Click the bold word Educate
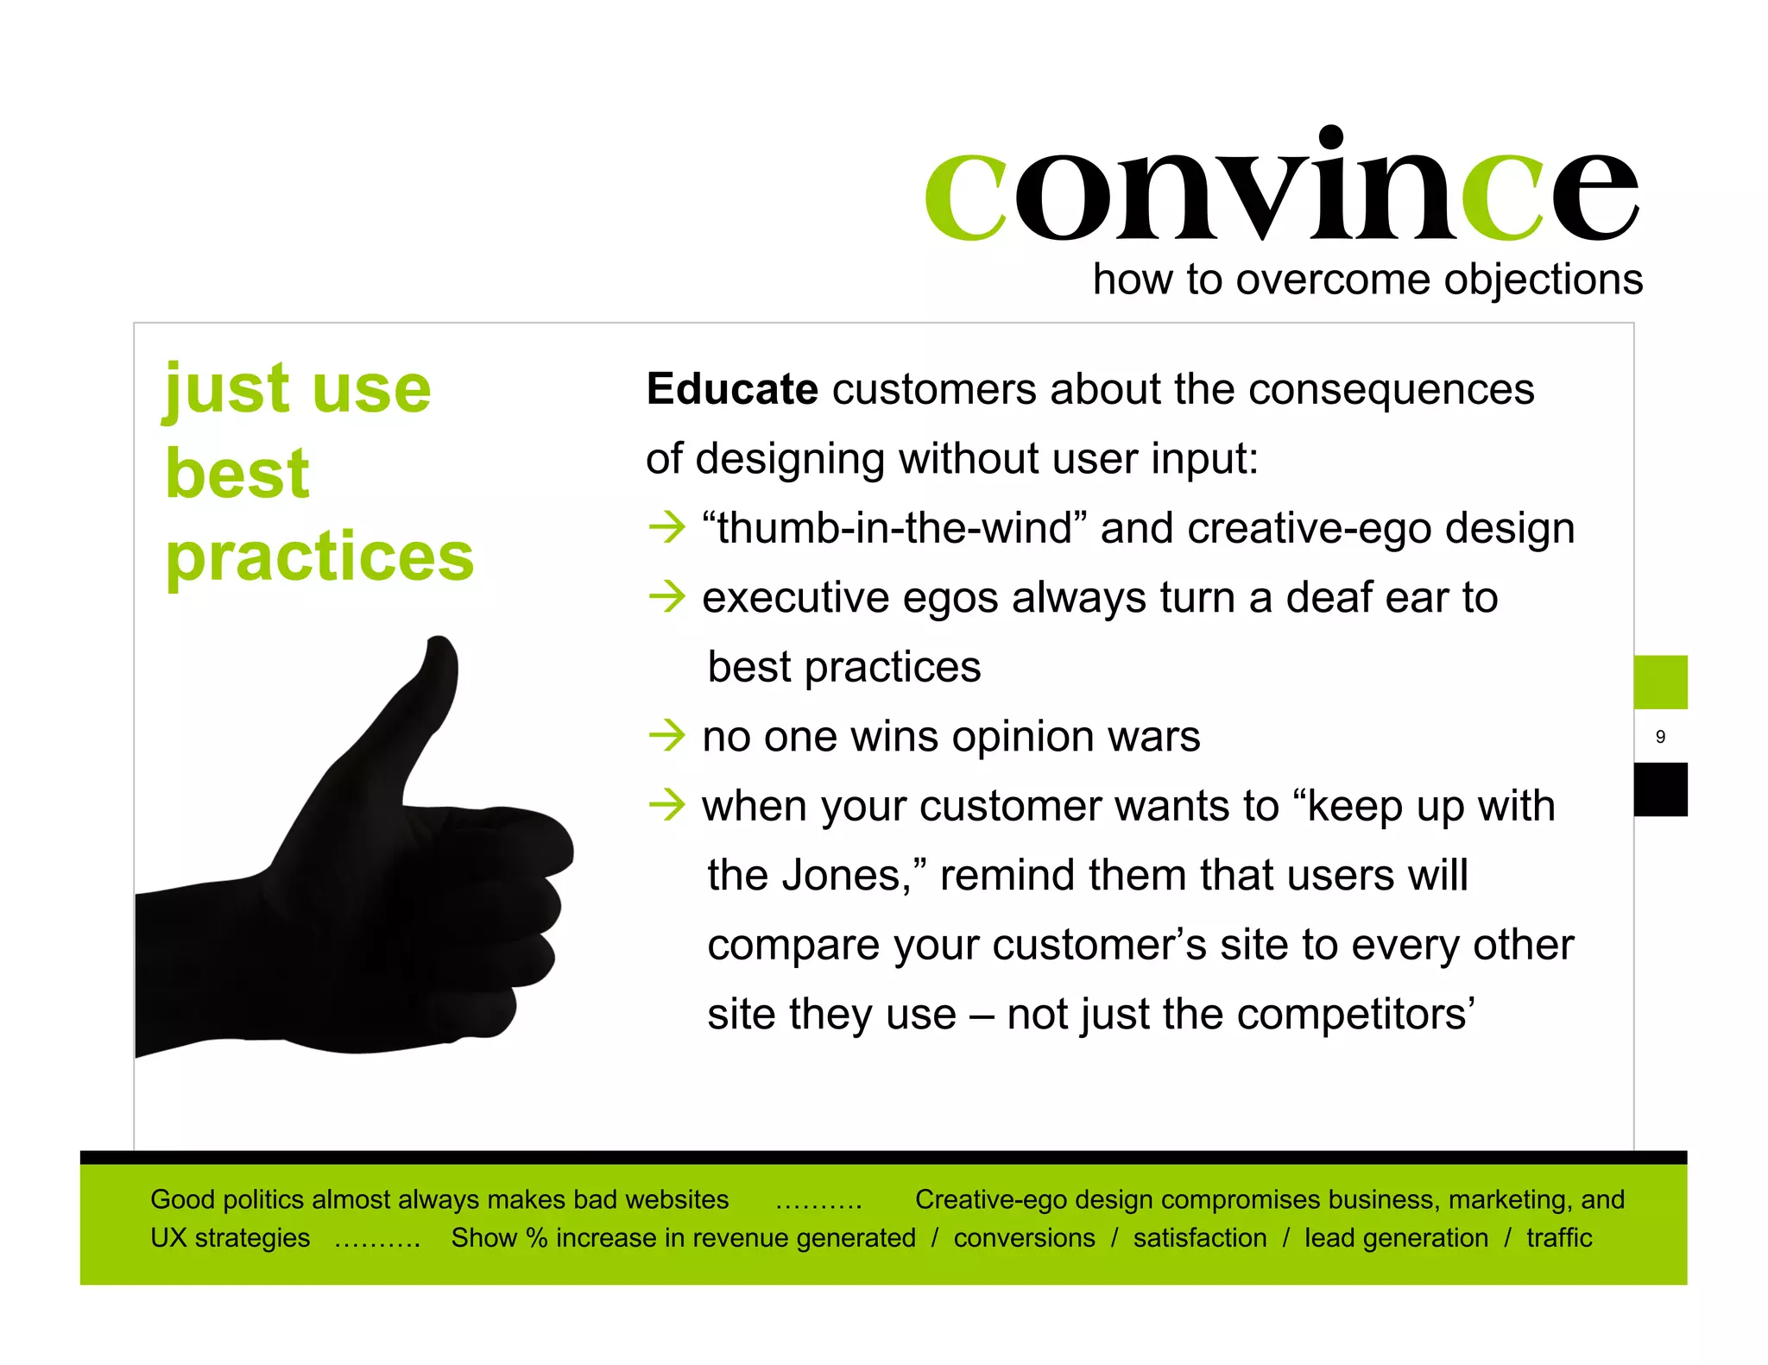pyautogui.click(x=731, y=389)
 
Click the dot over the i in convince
pyautogui.click(x=1331, y=136)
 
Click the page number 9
pyautogui.click(x=1660, y=737)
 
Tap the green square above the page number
pyautogui.click(x=1660, y=682)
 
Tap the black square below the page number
pyautogui.click(x=1660, y=789)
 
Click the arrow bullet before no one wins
pyautogui.click(x=667, y=736)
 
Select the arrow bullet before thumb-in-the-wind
pyautogui.click(x=667, y=527)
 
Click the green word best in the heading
pyautogui.click(x=237, y=474)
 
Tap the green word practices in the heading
pyautogui.click(x=319, y=557)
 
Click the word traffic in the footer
pyautogui.click(x=1558, y=1238)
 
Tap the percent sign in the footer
pyautogui.click(x=537, y=1238)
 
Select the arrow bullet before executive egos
pyautogui.click(x=667, y=597)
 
